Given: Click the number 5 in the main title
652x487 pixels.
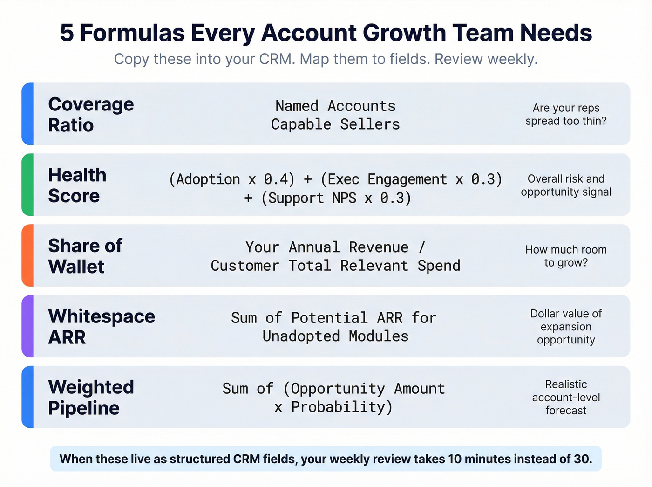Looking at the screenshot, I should (67, 33).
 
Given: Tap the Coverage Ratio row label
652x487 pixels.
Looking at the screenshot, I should (91, 115).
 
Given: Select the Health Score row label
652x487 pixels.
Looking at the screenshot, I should (77, 185).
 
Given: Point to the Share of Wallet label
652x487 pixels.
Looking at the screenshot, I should (85, 256).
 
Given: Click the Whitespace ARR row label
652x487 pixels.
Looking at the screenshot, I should (102, 327).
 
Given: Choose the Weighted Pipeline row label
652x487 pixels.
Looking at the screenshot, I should (91, 398).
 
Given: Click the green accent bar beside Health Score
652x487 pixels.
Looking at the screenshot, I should (28, 185).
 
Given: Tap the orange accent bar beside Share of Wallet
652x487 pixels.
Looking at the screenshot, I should (28, 255).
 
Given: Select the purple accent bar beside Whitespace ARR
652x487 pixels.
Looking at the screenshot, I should (28, 326).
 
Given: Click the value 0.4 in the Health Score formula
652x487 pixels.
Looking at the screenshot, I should (279, 179).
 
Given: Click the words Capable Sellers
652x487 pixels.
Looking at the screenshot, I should (335, 124).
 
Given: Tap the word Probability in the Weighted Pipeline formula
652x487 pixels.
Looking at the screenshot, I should (342, 407).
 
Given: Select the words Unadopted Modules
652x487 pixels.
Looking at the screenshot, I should (335, 336).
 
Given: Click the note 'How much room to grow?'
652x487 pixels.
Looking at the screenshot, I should (566, 256).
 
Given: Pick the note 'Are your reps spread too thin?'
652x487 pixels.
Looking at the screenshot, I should (566, 115).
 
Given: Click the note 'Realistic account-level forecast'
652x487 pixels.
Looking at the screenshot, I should (566, 398).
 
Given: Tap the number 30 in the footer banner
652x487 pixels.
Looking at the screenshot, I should (582, 459).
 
